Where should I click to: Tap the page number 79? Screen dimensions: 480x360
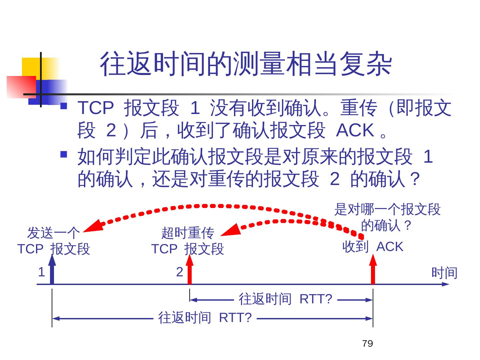[367, 344]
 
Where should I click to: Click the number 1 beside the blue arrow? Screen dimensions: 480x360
[41, 272]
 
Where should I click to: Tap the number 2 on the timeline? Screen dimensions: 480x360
[180, 272]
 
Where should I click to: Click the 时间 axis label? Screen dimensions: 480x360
[444, 273]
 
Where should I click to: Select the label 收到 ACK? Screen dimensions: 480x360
[373, 247]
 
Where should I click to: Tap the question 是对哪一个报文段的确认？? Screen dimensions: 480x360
[387, 217]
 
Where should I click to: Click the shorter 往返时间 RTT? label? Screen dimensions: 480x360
[285, 299]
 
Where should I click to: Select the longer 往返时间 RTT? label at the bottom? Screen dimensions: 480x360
[205, 318]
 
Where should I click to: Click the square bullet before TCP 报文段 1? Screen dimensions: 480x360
[64, 107]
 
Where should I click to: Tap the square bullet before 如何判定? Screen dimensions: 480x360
[64, 154]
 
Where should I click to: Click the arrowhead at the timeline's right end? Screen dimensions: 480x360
[445, 284]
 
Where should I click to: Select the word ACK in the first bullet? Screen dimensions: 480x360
[355, 130]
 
